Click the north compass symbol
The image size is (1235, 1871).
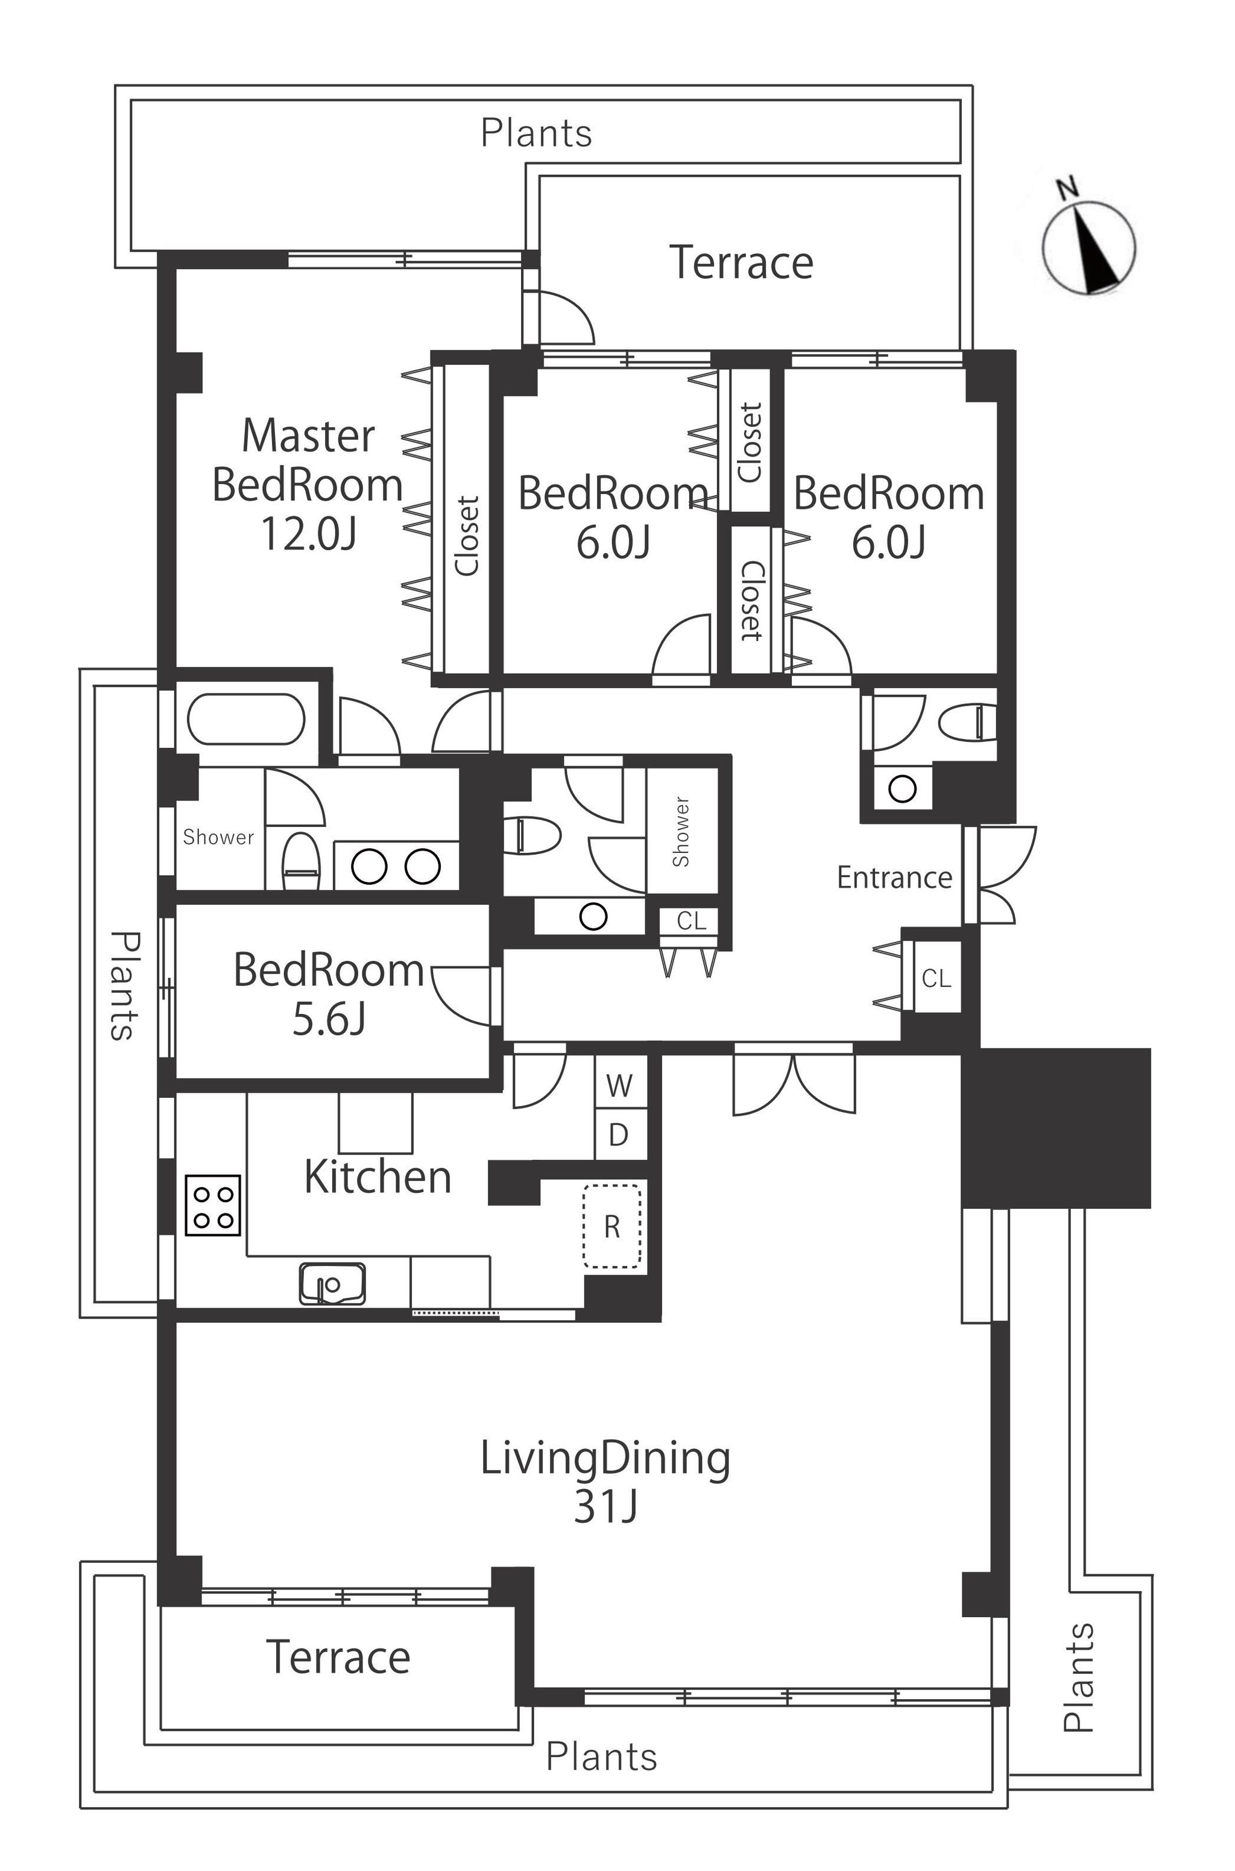1088,247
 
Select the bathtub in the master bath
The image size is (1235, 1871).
246,718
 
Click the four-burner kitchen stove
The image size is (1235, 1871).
213,1205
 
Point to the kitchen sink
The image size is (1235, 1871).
332,1285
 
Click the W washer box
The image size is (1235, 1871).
620,1086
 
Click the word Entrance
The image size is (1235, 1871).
894,878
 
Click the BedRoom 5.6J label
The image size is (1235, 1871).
329,994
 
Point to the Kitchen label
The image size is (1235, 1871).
377,1178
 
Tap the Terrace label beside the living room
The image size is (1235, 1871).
339,1657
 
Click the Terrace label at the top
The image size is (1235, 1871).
741,263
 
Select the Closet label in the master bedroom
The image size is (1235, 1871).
467,536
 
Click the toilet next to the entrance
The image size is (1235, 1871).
969,721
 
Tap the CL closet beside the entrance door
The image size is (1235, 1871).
937,978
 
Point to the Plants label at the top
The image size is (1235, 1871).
536,133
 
